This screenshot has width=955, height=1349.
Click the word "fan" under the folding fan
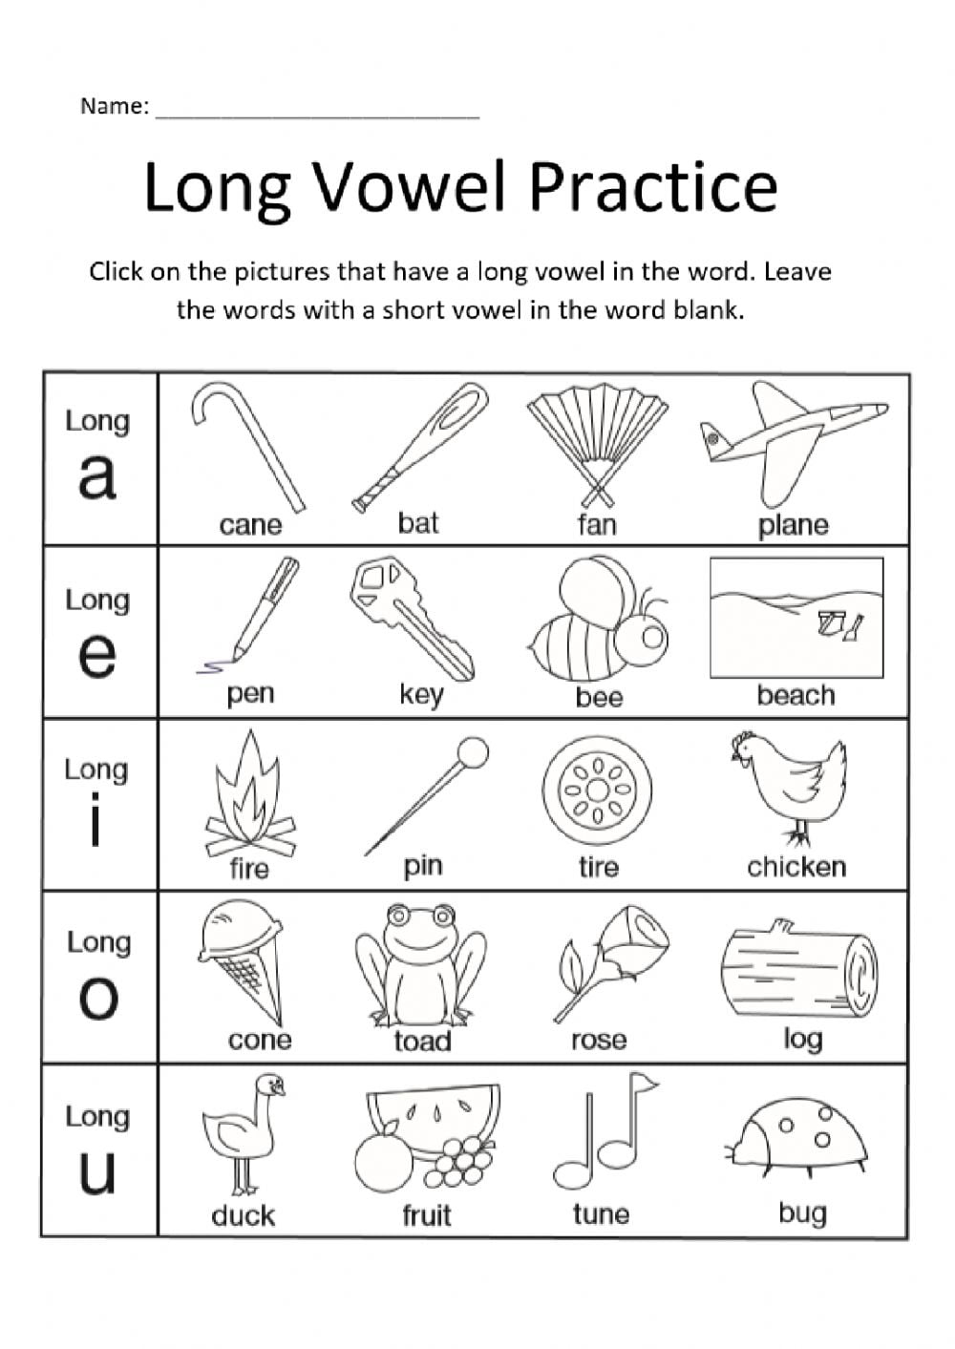597,524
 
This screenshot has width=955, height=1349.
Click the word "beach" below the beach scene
796,695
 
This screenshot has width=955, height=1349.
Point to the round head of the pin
473,752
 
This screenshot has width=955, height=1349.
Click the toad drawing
418,964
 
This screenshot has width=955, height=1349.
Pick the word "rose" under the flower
599,1040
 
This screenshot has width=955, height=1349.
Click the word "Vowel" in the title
411,187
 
